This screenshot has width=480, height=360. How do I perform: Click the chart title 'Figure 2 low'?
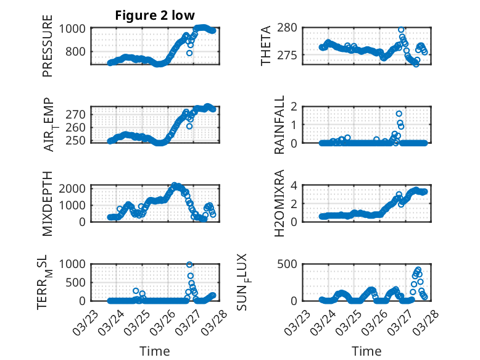pyautogui.click(x=155, y=16)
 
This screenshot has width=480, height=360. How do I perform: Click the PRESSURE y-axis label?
pyautogui.click(x=48, y=55)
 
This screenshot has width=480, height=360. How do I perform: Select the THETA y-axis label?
pyautogui.click(x=266, y=46)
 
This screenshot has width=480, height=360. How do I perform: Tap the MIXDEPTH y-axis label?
pyautogui.click(x=48, y=203)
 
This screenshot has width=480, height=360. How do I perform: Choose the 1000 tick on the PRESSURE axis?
pyautogui.click(x=75, y=28)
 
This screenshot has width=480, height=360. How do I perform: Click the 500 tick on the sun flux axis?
pyautogui.click(x=290, y=264)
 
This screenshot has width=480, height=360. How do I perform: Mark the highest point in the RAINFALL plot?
pyautogui.click(x=399, y=114)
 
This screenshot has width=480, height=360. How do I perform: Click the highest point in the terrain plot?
pyautogui.click(x=189, y=264)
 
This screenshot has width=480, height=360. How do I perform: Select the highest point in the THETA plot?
pyautogui.click(x=401, y=30)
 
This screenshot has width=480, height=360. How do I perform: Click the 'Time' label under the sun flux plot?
pyautogui.click(x=366, y=351)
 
